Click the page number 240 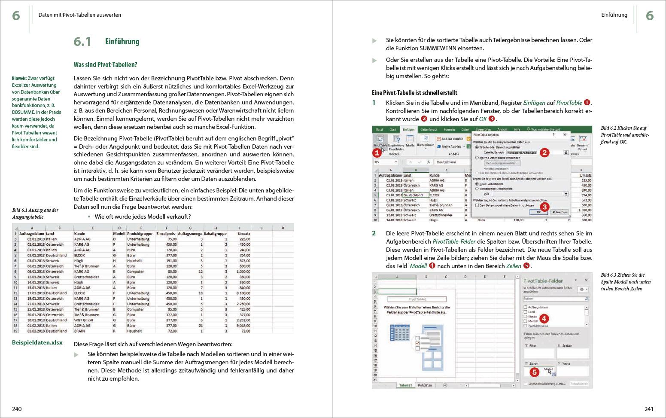pyautogui.click(x=17, y=409)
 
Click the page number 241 pyautogui.click(x=649, y=409)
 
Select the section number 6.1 pyautogui.click(x=82, y=42)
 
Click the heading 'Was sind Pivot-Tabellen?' pyautogui.click(x=105, y=65)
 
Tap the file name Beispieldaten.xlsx pyautogui.click(x=37, y=342)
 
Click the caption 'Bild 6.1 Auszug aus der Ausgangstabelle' pyautogui.click(x=35, y=214)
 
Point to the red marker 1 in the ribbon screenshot pyautogui.click(x=377, y=153)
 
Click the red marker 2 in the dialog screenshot pyautogui.click(x=544, y=153)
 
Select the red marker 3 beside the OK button pyautogui.click(x=544, y=207)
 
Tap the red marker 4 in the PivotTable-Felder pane pyautogui.click(x=544, y=318)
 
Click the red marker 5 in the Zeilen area pyautogui.click(x=534, y=372)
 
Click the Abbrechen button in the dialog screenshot pyautogui.click(x=559, y=212)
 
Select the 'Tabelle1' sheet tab pyautogui.click(x=405, y=385)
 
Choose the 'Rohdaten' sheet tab pyautogui.click(x=425, y=385)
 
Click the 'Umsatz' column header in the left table pyautogui.click(x=245, y=234)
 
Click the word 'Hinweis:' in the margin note pyautogui.click(x=19, y=78)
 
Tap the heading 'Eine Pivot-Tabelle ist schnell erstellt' pyautogui.click(x=414, y=93)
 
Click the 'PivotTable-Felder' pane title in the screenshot pyautogui.click(x=543, y=281)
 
